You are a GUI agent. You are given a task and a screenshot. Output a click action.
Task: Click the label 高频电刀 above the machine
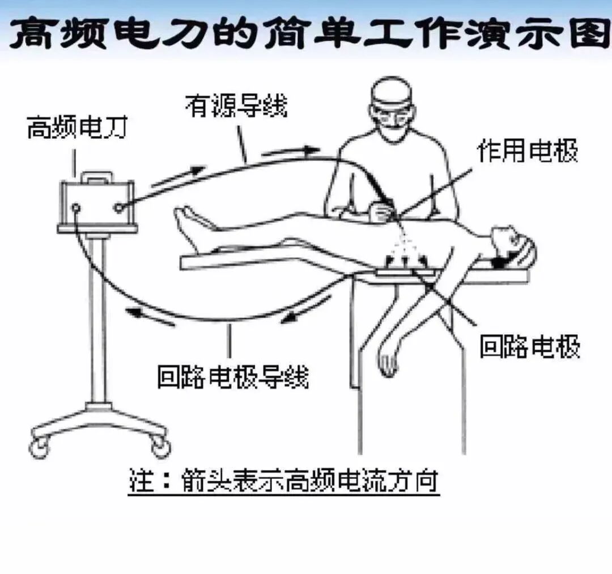click(77, 129)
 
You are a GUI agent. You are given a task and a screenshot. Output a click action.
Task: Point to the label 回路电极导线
click(233, 376)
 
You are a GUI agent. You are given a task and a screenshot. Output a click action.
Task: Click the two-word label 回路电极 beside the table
click(530, 347)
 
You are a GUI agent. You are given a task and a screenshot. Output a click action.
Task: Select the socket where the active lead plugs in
click(118, 207)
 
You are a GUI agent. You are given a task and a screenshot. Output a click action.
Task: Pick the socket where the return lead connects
click(76, 208)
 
